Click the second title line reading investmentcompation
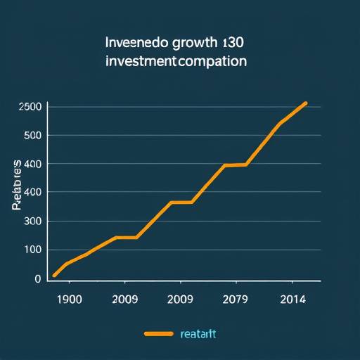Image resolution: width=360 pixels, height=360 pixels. tap(176, 61)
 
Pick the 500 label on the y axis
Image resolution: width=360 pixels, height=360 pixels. tap(32, 135)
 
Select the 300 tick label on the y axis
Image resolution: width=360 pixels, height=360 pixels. tap(32, 221)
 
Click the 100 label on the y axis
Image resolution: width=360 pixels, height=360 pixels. tap(32, 250)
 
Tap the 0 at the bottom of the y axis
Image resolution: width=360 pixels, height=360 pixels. tap(37, 278)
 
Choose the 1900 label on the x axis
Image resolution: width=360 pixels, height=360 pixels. tap(68, 299)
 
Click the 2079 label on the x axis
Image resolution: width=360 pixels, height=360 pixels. tap(234, 299)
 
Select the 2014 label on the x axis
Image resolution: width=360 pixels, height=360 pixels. tap(291, 299)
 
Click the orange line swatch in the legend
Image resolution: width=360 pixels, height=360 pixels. tap(158, 334)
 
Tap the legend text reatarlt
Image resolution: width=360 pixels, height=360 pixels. tap(199, 334)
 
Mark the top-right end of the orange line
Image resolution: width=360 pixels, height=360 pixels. tap(307, 103)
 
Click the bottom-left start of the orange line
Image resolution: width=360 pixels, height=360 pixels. tap(54, 276)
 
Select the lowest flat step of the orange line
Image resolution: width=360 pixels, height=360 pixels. tap(125, 238)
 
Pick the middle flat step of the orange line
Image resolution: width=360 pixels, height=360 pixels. tap(181, 202)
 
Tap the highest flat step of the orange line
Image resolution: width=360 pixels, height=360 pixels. tap(235, 165)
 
